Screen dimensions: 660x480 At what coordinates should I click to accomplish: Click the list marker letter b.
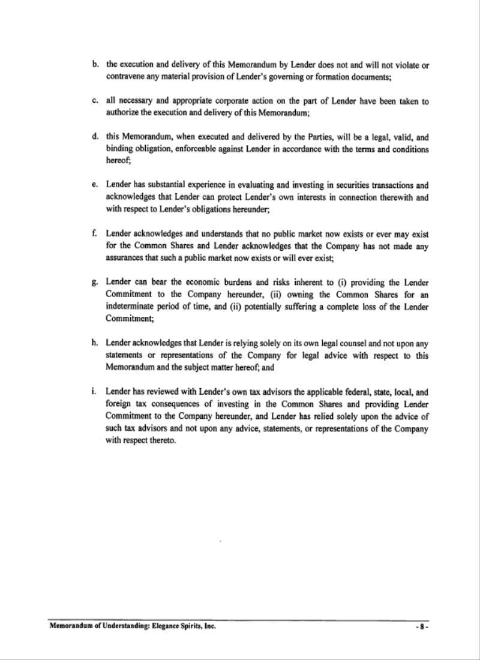(x=95, y=64)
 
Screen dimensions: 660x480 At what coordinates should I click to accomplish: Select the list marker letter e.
(x=95, y=185)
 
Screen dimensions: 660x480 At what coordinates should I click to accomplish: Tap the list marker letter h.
(x=95, y=343)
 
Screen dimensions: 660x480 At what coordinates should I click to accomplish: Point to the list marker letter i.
(x=94, y=391)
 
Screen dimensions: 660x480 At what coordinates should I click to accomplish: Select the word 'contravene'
(x=127, y=77)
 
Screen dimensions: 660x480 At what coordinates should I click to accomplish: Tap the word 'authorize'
(x=122, y=113)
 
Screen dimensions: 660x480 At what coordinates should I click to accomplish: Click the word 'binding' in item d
(x=119, y=149)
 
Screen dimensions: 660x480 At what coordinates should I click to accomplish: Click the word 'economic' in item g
(x=210, y=282)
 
